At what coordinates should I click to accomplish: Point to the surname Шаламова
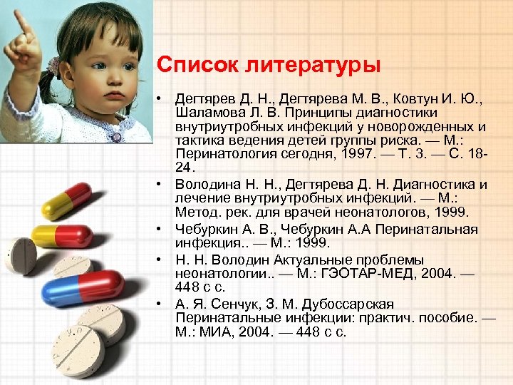point(207,113)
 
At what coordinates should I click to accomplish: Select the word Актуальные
point(302,260)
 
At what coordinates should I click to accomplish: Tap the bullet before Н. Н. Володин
point(162,260)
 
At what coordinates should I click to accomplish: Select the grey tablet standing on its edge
point(19,255)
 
